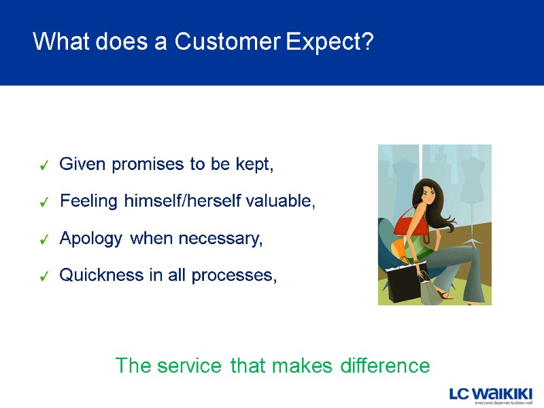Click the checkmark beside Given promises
point(44,165)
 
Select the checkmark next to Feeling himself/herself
point(44,203)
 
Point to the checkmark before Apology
point(44,240)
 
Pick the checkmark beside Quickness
point(44,277)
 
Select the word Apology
point(91,239)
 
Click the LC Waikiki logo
point(490,395)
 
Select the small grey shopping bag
point(430,290)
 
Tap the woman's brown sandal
point(443,294)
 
